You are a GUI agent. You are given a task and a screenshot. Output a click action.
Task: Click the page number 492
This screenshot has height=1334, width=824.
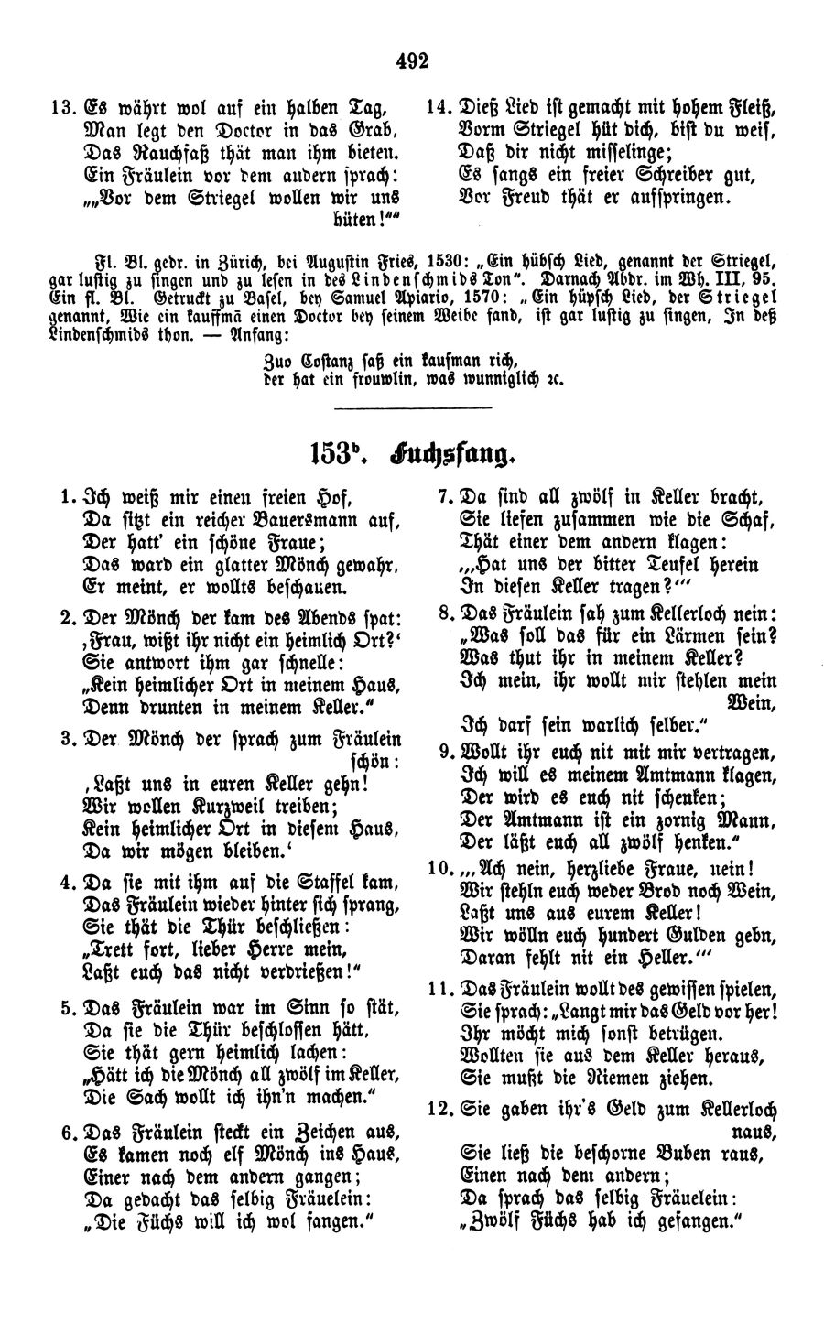(x=413, y=61)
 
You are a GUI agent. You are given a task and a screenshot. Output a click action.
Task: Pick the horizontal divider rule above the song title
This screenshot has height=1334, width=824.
(x=413, y=407)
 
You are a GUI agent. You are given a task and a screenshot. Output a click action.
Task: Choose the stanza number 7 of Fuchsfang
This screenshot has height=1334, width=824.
(x=446, y=498)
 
